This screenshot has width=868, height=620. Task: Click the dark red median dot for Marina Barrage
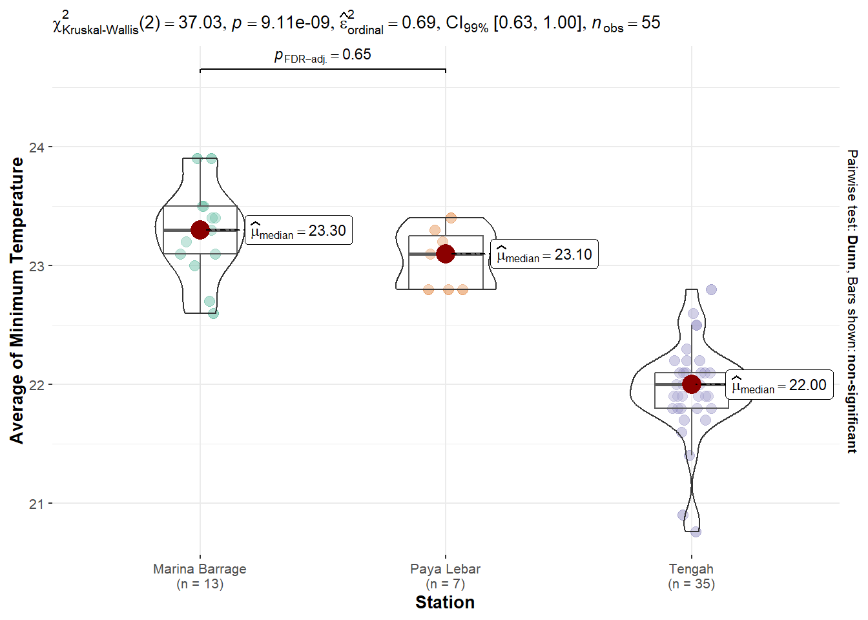coord(200,229)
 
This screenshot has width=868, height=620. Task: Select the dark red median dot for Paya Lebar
coord(446,254)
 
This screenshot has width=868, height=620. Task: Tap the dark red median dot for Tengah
coord(692,384)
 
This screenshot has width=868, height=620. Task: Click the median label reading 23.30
coord(299,231)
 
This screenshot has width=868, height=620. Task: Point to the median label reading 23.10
coord(544,254)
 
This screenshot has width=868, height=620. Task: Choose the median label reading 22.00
coord(780,386)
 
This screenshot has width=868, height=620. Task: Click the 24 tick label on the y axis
coord(37,147)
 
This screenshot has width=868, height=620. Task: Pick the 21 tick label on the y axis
coord(37,504)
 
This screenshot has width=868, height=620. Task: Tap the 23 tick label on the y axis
coord(37,266)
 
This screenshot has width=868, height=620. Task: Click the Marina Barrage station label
coord(200,570)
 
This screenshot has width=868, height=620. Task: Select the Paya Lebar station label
coord(445,570)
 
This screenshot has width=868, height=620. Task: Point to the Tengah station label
coord(691,570)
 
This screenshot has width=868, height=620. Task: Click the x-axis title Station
coord(445,603)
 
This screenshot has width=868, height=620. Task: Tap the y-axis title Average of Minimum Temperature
coord(17,300)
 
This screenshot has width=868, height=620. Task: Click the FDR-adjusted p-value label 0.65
coord(323,56)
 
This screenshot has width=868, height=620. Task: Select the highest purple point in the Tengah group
coord(711,289)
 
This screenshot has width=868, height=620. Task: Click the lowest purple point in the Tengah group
coord(696,532)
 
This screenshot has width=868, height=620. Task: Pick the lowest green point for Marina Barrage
coord(213,313)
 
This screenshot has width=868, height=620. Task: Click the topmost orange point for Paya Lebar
coord(451,218)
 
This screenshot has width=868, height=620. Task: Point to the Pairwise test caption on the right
coord(852,301)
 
